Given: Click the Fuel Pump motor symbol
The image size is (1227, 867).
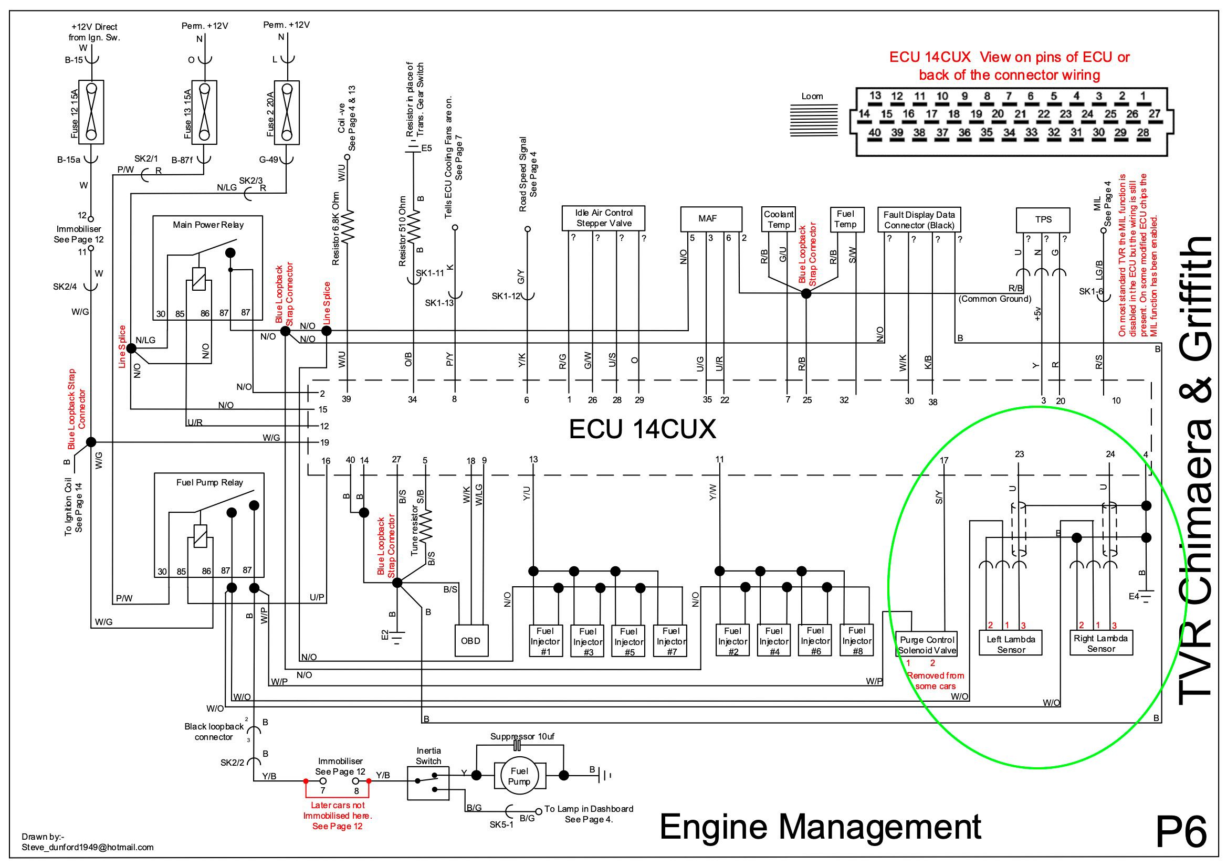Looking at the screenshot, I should coord(519,775).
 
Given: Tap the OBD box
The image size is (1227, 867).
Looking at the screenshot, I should coord(471,640).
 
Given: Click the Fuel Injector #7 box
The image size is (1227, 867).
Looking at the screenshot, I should coord(670,640).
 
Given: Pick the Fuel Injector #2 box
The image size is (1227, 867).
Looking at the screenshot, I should coord(732,640).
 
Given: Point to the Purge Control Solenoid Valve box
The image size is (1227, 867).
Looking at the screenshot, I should coord(927,645).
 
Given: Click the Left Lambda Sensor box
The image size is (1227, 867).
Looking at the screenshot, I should coord(1011,644).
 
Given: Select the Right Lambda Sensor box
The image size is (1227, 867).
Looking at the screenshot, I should coord(1101,643).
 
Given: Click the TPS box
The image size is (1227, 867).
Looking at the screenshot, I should coord(1043,219).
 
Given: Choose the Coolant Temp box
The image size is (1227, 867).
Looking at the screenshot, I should coord(779,219).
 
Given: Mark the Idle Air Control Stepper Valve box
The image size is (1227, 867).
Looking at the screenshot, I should coord(604,218).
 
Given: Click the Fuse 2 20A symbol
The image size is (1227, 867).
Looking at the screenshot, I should coord(287,112).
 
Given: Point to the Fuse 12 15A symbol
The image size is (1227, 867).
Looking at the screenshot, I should coord(91,112).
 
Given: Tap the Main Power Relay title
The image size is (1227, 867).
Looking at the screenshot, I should coord(208,225).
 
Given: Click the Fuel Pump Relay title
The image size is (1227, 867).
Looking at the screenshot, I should coord(209,482).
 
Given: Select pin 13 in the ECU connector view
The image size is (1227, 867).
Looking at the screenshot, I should coord(875,96).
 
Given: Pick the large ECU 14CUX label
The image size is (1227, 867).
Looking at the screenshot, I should coord(642,429).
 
